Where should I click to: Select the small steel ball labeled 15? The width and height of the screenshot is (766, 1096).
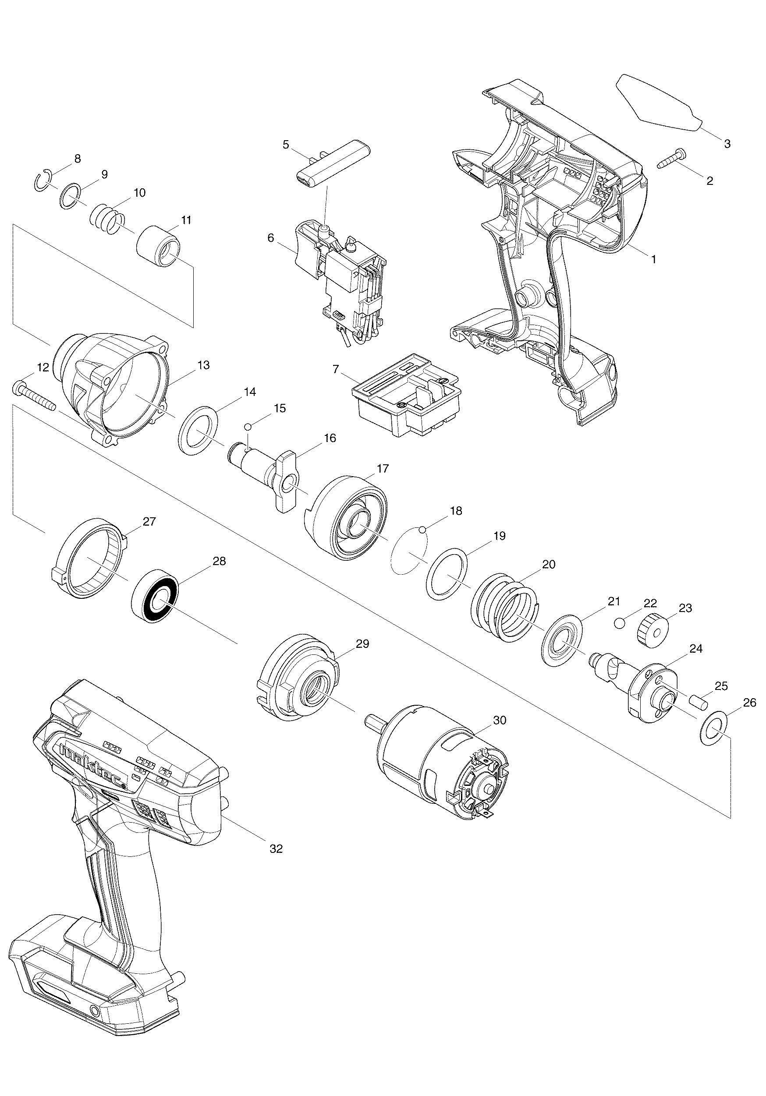click(248, 426)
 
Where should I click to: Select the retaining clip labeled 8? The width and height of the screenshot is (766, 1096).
click(44, 180)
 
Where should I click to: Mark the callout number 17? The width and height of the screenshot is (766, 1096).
click(383, 469)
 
